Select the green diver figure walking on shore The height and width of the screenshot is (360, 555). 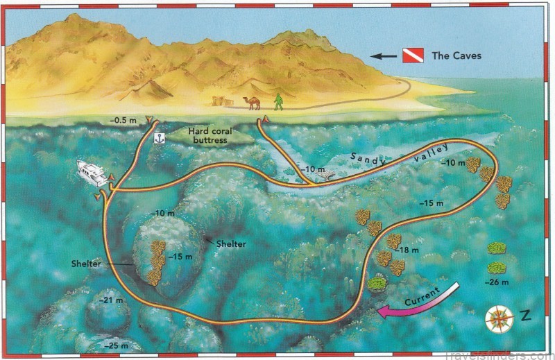[278, 102]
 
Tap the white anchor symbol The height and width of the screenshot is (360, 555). [158, 139]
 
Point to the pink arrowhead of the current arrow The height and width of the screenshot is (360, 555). [384, 314]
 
